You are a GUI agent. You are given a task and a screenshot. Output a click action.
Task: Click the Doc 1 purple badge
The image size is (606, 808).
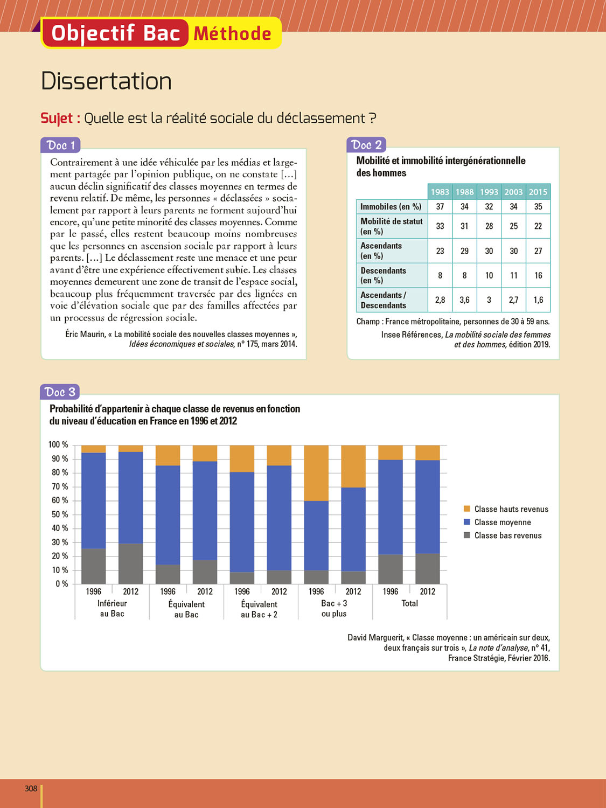(60, 145)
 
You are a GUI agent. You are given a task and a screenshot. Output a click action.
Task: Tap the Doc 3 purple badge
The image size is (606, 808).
(60, 392)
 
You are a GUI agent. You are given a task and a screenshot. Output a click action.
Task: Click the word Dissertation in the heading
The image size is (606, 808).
(106, 81)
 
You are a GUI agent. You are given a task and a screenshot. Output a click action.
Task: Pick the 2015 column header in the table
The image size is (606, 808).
(538, 192)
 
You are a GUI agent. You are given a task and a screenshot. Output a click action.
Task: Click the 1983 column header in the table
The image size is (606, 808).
(440, 192)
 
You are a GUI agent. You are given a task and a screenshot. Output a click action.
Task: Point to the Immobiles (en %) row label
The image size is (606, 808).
(391, 206)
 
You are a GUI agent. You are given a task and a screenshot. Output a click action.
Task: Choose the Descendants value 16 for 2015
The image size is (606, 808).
(538, 275)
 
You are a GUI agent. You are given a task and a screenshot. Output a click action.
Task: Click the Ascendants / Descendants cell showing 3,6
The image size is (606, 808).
(464, 300)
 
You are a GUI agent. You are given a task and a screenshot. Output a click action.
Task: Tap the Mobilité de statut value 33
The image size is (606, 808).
(440, 226)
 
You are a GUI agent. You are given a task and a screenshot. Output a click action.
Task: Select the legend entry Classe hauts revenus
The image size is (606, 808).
(511, 509)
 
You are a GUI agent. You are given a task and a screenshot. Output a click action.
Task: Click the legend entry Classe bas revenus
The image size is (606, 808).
(507, 535)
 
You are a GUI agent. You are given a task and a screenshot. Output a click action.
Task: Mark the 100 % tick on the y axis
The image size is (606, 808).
(58, 445)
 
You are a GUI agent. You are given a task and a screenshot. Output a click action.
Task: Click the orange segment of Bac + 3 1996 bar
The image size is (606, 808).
(316, 473)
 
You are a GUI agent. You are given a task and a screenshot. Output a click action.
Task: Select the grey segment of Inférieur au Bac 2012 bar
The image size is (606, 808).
(130, 563)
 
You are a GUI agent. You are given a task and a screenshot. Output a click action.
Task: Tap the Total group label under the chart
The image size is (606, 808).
(409, 603)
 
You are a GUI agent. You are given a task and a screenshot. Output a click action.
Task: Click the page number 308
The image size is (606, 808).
(31, 789)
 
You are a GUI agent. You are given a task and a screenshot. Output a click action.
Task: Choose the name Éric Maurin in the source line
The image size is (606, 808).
(85, 334)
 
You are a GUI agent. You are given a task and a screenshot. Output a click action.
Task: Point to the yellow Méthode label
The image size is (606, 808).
(232, 33)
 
